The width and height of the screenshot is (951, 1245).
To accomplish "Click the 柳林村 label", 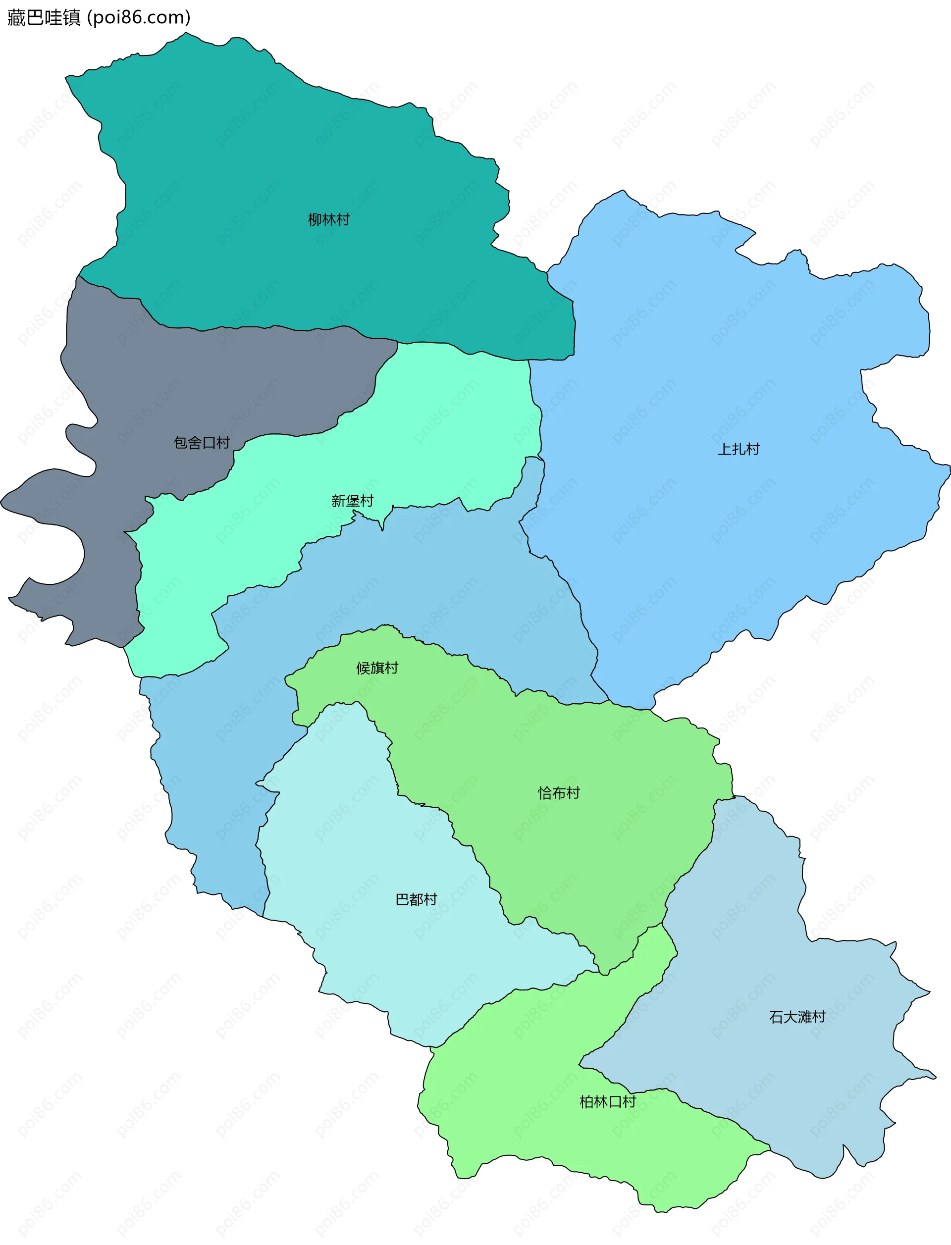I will (328, 219).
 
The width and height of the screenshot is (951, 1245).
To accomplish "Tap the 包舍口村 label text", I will (202, 443).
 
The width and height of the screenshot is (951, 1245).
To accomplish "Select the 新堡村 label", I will (352, 501).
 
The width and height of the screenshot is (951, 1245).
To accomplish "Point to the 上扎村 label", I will (738, 449).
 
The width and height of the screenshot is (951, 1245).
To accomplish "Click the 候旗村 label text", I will (377, 669).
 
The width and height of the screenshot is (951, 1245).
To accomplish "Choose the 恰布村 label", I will (559, 793).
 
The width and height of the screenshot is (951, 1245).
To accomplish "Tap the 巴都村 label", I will (416, 899).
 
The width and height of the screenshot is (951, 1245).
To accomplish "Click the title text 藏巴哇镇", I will (44, 17).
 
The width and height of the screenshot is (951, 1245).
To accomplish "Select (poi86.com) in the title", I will (139, 17).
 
